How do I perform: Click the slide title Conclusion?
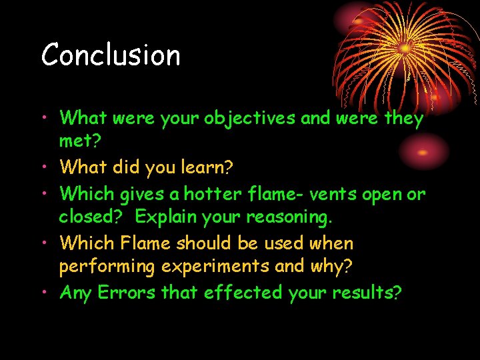tap(111, 55)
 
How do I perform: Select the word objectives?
tap(250, 119)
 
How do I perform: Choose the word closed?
tap(93, 218)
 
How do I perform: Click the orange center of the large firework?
tap(404, 49)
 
